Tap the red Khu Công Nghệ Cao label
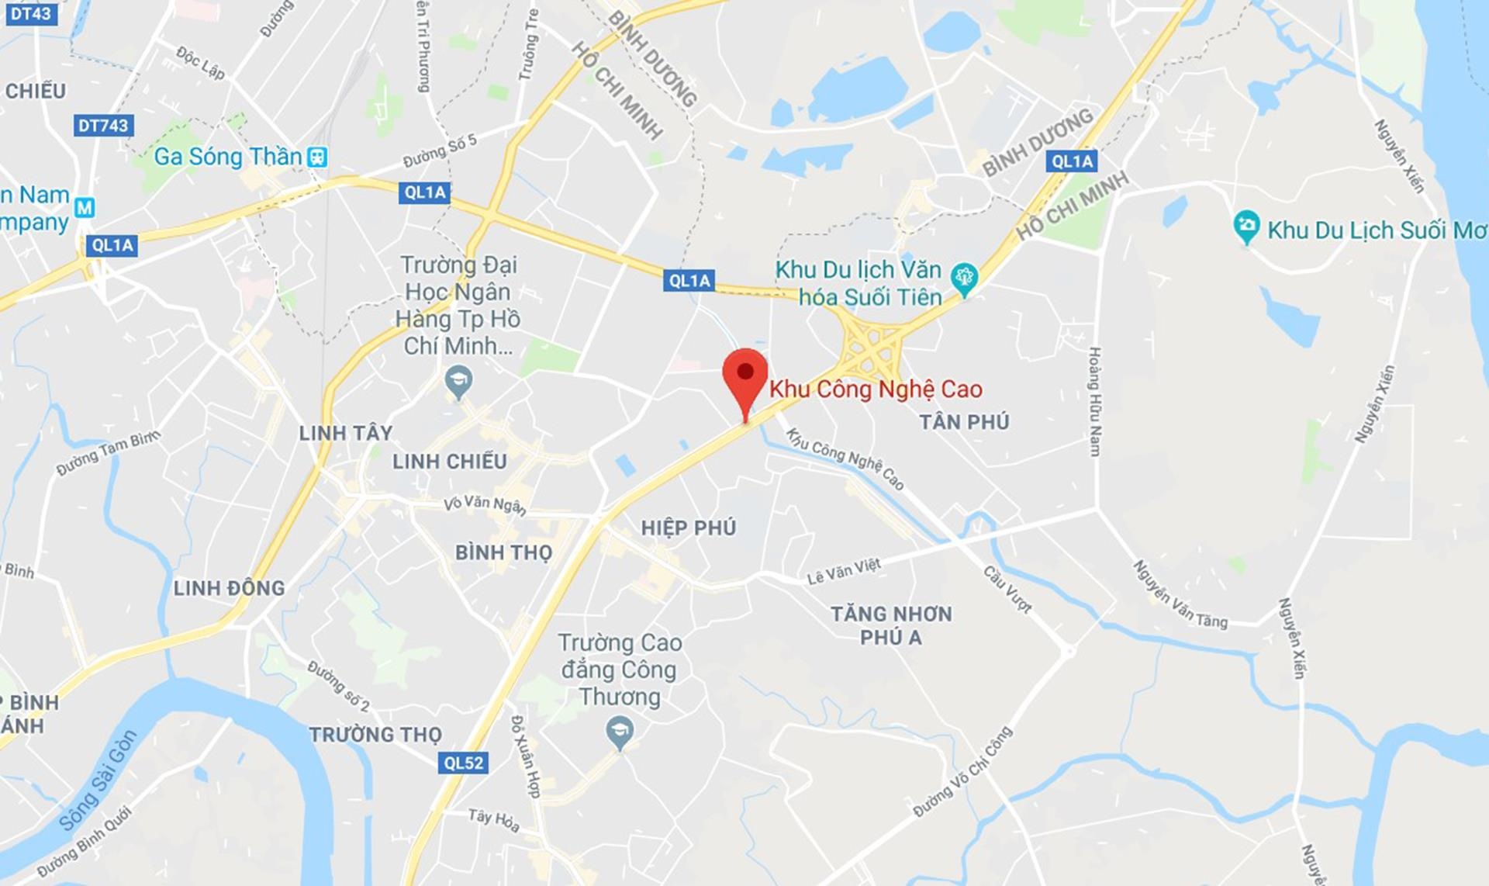[876, 389]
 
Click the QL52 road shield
[463, 763]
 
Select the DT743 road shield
[103, 126]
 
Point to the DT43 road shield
[30, 13]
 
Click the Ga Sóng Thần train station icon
[317, 157]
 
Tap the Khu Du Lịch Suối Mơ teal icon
[1245, 227]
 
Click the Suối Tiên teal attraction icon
[965, 277]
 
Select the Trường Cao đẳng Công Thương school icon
[619, 732]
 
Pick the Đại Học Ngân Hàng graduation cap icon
[459, 382]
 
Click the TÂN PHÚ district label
[964, 422]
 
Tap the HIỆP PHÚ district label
[688, 528]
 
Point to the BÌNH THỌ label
[503, 552]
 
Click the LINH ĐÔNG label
[229, 588]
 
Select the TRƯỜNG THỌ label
[375, 734]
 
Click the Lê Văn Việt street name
[844, 572]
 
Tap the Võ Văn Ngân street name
[485, 505]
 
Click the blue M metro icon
[85, 207]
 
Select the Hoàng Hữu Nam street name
[1094, 401]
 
